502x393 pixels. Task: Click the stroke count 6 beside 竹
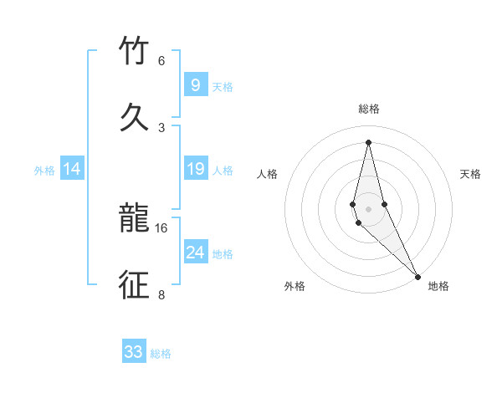point(161,61)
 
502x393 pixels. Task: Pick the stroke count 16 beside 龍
point(161,227)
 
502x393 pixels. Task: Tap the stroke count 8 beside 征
point(161,294)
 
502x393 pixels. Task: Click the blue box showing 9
point(195,85)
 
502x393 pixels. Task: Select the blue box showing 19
point(195,169)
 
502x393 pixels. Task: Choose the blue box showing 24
point(195,253)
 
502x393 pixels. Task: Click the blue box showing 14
point(72,169)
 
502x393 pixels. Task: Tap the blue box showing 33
point(134,352)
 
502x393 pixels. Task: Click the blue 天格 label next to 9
point(223,87)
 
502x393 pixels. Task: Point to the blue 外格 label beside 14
point(44,171)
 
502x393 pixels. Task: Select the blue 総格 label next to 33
point(161,354)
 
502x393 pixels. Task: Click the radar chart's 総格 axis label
point(369,110)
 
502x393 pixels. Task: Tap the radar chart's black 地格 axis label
point(438,286)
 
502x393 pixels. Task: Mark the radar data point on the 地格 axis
point(417,275)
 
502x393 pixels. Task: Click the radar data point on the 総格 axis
point(368,142)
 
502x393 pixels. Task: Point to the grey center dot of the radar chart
point(368,208)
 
